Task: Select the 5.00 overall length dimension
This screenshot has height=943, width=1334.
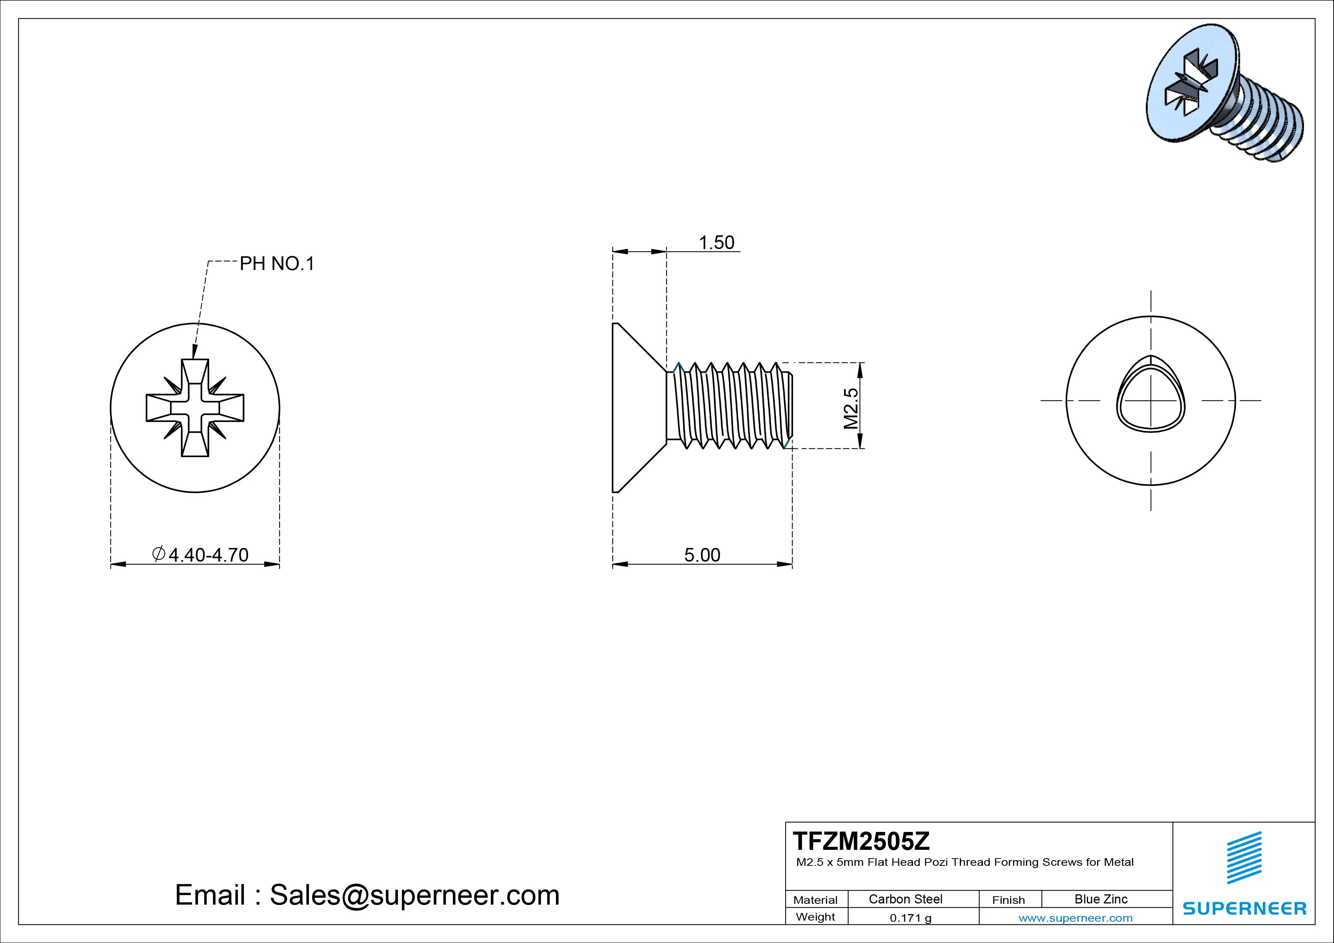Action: (702, 555)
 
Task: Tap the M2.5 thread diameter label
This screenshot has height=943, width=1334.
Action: (851, 408)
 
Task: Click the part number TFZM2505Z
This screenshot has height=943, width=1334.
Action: (861, 841)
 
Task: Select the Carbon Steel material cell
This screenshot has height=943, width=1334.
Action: (905, 899)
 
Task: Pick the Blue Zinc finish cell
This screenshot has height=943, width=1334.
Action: (1101, 899)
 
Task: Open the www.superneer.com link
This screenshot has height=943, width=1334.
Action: (1075, 918)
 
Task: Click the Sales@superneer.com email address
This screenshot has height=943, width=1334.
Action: (414, 895)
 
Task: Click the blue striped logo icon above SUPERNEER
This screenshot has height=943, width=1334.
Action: (1244, 857)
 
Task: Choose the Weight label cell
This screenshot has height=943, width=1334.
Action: (815, 917)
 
